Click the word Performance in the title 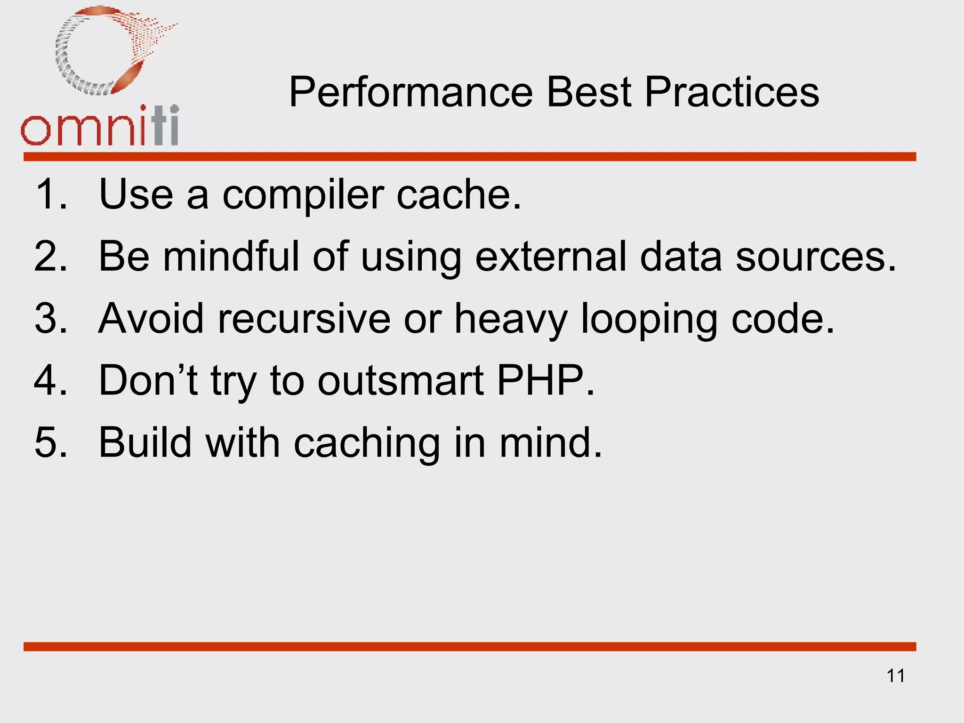pos(410,92)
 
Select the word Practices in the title pos(731,92)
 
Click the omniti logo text pos(100,127)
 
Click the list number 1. pos(49,194)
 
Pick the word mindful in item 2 pos(231,257)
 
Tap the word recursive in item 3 pos(304,319)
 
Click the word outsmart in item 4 pos(401,381)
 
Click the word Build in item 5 pos(145,442)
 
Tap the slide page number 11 pos(895,676)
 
